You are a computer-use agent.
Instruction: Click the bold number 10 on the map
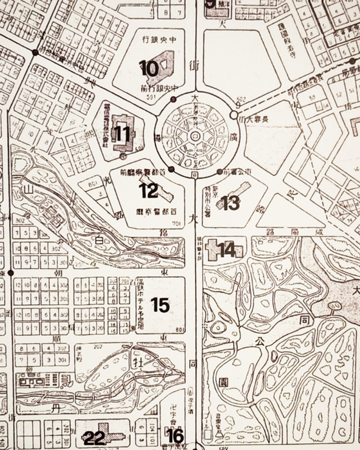[x=150, y=69]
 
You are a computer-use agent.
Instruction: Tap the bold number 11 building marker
[x=122, y=133]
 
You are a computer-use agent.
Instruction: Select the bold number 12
[x=149, y=191]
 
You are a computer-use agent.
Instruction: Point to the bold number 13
[x=231, y=203]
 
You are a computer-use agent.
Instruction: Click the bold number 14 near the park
[x=227, y=250]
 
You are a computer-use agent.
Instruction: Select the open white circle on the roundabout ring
[x=233, y=115]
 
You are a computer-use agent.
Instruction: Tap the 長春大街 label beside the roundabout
[x=253, y=119]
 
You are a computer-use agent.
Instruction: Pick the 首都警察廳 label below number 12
[x=154, y=213]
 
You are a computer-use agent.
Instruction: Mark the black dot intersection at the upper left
[x=35, y=52]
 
